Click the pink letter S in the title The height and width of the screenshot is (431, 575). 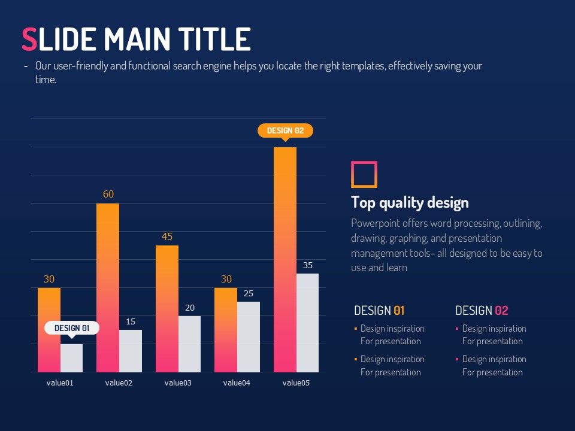pyautogui.click(x=29, y=40)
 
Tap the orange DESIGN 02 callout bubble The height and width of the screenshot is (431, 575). pyautogui.click(x=285, y=130)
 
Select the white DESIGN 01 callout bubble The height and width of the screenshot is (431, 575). pyautogui.click(x=72, y=328)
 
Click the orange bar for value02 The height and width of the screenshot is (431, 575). pyautogui.click(x=108, y=287)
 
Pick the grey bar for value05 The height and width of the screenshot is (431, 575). pyautogui.click(x=307, y=323)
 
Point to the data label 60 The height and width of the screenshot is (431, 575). pyautogui.click(x=108, y=195)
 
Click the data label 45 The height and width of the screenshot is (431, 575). pyautogui.click(x=167, y=236)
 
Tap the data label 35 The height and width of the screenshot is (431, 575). pyautogui.click(x=308, y=265)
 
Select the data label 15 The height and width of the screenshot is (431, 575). pyautogui.click(x=131, y=322)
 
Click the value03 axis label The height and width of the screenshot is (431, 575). pyautogui.click(x=178, y=383)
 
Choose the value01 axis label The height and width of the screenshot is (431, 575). pyautogui.click(x=60, y=383)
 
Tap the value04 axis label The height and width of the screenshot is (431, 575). pyautogui.click(x=237, y=383)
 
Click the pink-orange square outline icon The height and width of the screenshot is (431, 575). pyautogui.click(x=364, y=174)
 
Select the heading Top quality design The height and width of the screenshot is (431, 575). pyautogui.click(x=410, y=202)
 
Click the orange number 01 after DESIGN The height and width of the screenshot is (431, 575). pyautogui.click(x=399, y=311)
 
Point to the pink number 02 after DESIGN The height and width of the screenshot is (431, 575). pyautogui.click(x=501, y=311)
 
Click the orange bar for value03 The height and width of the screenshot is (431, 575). pyautogui.click(x=167, y=308)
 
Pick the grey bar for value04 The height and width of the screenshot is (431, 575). pyautogui.click(x=249, y=337)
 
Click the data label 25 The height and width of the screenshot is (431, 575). pyautogui.click(x=249, y=293)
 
